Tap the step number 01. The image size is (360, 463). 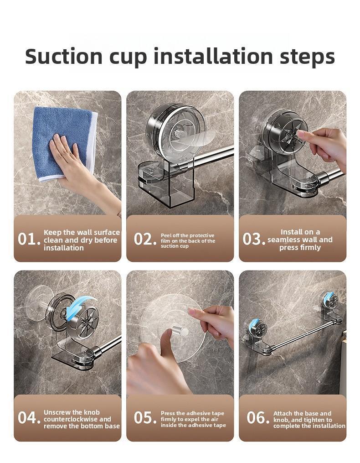29,239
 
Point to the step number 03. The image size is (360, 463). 253,239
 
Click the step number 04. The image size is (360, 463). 29,417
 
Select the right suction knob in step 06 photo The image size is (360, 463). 330,300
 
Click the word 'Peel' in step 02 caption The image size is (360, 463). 166,235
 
